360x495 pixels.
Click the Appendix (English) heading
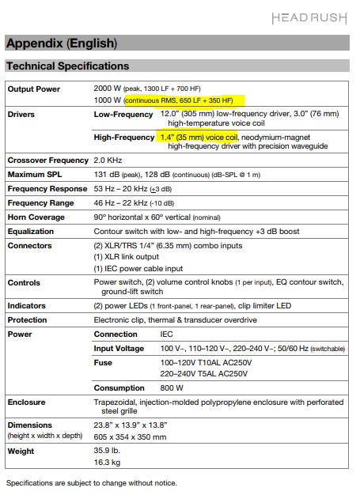pyautogui.click(x=61, y=43)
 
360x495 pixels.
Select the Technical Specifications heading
pyautogui.click(x=67, y=66)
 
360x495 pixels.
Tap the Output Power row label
pyautogui.click(x=34, y=89)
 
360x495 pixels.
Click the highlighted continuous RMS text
pyautogui.click(x=184, y=100)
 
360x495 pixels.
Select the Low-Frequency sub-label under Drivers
pyautogui.click(x=123, y=115)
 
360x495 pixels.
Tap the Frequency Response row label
pyautogui.click(x=46, y=189)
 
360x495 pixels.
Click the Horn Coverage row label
pyautogui.click(x=37, y=217)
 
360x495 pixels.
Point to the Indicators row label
pyautogui.click(x=27, y=305)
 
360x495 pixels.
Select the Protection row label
pyautogui.click(x=29, y=319)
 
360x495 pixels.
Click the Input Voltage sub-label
pyautogui.click(x=120, y=348)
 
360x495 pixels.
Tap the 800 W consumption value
pyautogui.click(x=172, y=387)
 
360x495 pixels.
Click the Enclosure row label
pyautogui.click(x=27, y=402)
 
